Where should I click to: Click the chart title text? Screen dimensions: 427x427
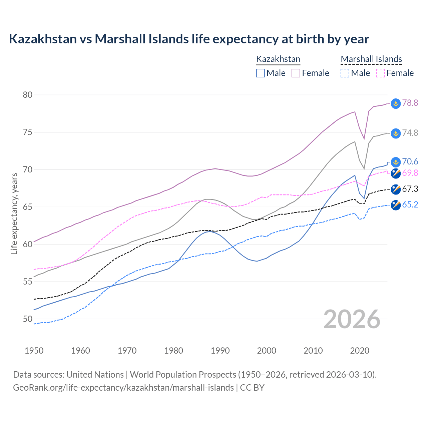[189, 39]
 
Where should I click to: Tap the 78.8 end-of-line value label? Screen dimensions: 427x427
[410, 103]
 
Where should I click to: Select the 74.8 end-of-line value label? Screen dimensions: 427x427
[410, 133]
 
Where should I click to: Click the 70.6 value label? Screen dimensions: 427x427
[410, 162]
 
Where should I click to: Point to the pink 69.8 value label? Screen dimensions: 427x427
[410, 173]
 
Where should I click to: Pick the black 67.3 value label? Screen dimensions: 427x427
[410, 189]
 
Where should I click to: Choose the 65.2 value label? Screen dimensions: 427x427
[410, 205]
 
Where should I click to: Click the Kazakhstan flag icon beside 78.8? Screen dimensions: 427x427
[396, 103]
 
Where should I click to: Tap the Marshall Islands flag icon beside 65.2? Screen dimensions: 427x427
[396, 205]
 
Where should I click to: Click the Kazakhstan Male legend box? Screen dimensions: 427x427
[261, 73]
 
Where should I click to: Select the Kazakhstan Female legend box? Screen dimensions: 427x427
[296, 73]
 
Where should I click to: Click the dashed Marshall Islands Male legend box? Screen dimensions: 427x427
[345, 73]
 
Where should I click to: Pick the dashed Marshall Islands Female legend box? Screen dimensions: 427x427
[381, 73]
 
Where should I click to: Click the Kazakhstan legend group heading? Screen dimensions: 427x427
[278, 59]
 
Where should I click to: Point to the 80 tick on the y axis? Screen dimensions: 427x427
[28, 95]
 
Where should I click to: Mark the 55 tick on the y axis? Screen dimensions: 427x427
[28, 282]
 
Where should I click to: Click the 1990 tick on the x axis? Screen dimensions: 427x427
[220, 351]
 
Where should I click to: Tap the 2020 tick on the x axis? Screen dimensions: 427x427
[360, 351]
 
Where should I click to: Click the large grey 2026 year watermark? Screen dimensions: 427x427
[352, 319]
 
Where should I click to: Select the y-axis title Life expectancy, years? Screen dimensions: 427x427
[14, 213]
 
